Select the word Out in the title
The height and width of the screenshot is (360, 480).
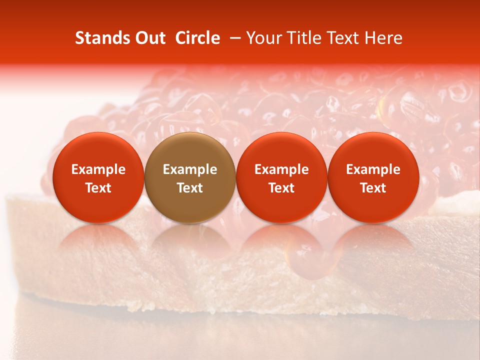[150, 38]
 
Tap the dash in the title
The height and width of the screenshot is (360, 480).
[233, 38]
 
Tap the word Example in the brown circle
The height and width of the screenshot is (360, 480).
[190, 169]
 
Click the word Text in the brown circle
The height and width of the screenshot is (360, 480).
[190, 188]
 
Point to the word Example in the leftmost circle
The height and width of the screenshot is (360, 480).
[98, 169]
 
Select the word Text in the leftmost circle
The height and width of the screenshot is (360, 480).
[98, 188]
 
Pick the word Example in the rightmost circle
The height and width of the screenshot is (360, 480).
[373, 169]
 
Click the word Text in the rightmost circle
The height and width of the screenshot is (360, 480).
[373, 188]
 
